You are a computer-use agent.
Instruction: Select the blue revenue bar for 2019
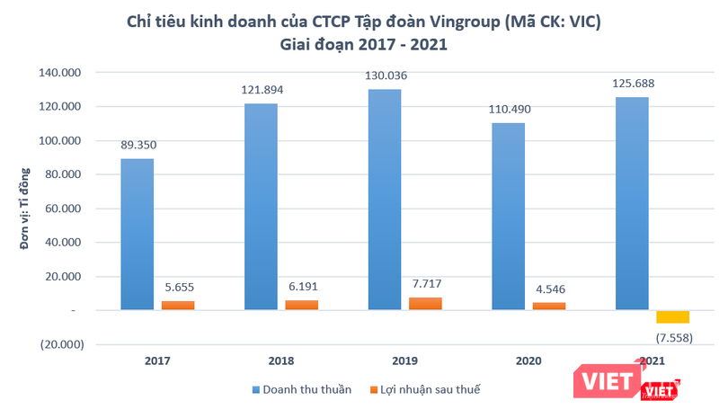[x=385, y=200]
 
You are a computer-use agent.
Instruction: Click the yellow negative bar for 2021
[x=672, y=316]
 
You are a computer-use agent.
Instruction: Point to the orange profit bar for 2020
[x=549, y=306]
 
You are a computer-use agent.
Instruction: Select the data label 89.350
[x=138, y=145]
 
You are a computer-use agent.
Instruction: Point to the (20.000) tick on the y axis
[x=61, y=344]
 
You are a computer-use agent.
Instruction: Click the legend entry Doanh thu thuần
[x=303, y=389]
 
